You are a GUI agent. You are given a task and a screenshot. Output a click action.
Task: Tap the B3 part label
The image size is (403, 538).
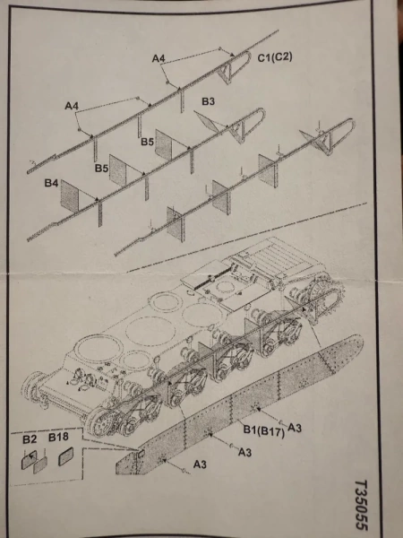click(x=207, y=102)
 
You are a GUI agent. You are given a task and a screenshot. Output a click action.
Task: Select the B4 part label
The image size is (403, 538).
click(x=53, y=183)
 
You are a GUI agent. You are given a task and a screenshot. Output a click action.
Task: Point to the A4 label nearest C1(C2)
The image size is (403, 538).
click(x=159, y=58)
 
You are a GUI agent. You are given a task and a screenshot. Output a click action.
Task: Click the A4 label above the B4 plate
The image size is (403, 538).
click(x=72, y=107)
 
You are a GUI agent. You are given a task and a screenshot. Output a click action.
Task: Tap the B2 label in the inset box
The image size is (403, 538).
click(x=29, y=440)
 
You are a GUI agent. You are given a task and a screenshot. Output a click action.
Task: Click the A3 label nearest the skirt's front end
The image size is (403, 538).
click(x=203, y=466)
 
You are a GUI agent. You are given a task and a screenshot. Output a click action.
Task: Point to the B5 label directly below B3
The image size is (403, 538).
click(x=147, y=142)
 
